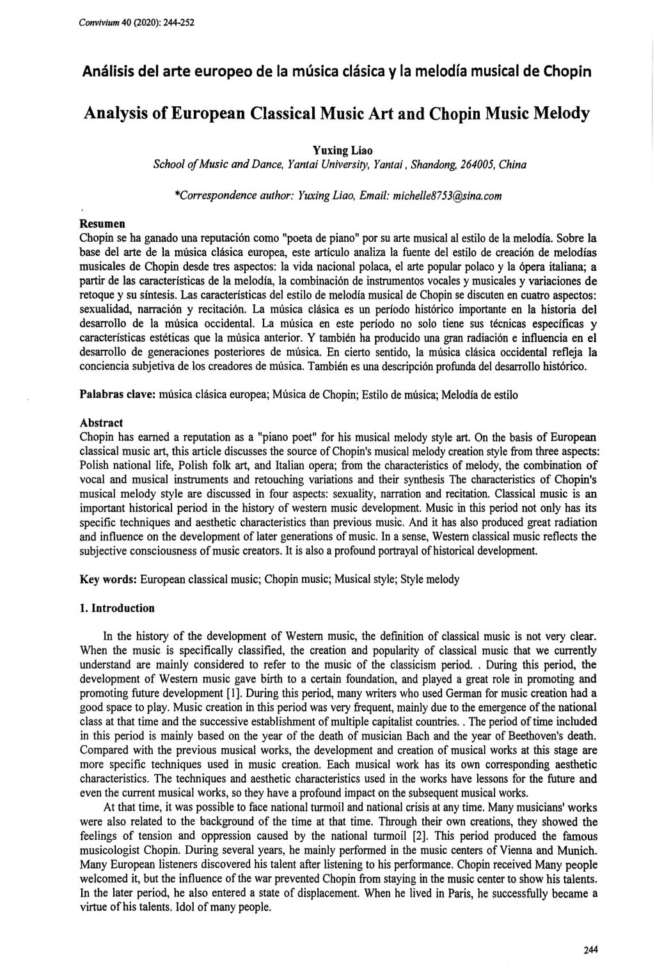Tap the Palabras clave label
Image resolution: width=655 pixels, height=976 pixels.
coord(118,395)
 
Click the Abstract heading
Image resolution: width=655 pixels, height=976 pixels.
coord(100,423)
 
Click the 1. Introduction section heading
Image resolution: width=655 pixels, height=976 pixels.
coord(117,608)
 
